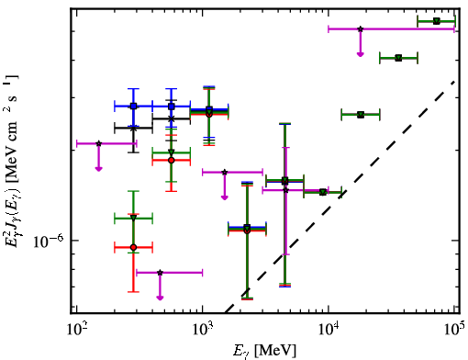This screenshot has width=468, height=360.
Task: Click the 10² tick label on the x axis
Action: (x=77, y=330)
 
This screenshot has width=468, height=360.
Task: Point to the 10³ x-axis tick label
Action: (x=203, y=330)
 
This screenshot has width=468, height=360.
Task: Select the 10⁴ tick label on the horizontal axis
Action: (x=329, y=330)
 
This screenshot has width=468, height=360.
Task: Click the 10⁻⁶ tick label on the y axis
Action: (x=48, y=242)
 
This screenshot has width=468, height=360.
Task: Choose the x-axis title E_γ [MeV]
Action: (x=264, y=351)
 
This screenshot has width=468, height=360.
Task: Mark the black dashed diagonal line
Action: (x=340, y=197)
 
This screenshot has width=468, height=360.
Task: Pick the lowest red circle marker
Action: (x=133, y=247)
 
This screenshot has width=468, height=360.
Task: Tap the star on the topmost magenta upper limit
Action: (x=361, y=29)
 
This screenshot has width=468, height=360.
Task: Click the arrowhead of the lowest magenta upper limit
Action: (x=160, y=298)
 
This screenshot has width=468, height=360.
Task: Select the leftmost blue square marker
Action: (x=133, y=107)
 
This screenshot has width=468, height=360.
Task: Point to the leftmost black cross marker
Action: (x=133, y=129)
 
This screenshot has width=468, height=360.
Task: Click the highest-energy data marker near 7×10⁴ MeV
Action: (x=437, y=21)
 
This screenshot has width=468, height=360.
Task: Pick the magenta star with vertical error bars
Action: (x=285, y=190)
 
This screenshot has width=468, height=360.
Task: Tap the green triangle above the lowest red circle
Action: (x=133, y=218)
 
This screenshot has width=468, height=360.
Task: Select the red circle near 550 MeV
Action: (x=172, y=160)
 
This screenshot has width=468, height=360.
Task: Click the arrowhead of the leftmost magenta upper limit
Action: (x=98, y=169)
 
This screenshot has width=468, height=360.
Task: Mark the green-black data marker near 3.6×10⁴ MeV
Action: (x=398, y=58)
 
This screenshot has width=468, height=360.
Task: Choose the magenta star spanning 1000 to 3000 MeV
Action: (x=225, y=172)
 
